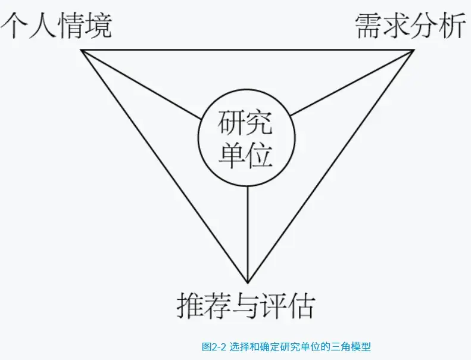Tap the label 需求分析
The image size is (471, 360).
[x=410, y=26]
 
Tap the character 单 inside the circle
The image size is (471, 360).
[x=232, y=156]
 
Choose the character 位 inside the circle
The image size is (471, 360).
[x=259, y=156]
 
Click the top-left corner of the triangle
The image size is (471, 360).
[x=81, y=50]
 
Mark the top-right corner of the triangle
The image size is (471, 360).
[x=414, y=50]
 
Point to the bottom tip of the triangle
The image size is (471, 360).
[x=248, y=283]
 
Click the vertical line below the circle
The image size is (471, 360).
[x=248, y=234]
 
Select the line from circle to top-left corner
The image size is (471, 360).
[x=141, y=85]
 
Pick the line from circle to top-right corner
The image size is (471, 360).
[x=353, y=83]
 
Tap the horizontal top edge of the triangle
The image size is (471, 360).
[x=248, y=50]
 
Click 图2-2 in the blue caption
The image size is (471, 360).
[x=214, y=347]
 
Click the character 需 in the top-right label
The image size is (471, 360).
[x=369, y=26]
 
